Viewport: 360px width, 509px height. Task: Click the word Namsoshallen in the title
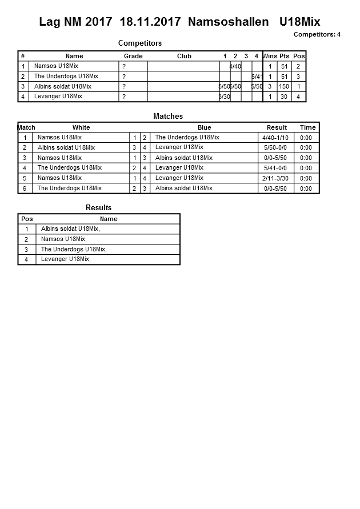pos(228,22)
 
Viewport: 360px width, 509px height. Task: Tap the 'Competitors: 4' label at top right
pos(317,34)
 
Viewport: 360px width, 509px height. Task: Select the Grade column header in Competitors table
pos(133,56)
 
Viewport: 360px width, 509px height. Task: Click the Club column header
pos(184,56)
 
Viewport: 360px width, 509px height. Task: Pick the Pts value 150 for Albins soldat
pos(284,86)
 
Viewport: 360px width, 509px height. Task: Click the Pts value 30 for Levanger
pos(284,97)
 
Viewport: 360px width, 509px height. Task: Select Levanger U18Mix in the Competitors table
pos(58,97)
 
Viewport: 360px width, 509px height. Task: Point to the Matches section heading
pos(168,116)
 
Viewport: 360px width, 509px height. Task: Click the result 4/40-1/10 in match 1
pos(275,138)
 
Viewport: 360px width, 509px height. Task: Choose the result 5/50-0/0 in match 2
pos(275,148)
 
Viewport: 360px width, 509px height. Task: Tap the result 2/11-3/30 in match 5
pos(275,178)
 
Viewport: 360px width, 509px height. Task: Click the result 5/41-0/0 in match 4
pos(275,168)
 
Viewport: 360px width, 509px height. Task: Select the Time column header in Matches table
pos(307,127)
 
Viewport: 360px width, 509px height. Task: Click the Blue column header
pos(204,127)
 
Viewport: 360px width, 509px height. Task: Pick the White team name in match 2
pos(66,147)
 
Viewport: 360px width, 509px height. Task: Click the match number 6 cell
pos(25,189)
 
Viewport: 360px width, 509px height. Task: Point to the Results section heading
pos(98,207)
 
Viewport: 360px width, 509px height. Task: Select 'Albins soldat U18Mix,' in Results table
pos(70,229)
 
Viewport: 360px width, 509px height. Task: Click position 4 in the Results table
pos(26,259)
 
